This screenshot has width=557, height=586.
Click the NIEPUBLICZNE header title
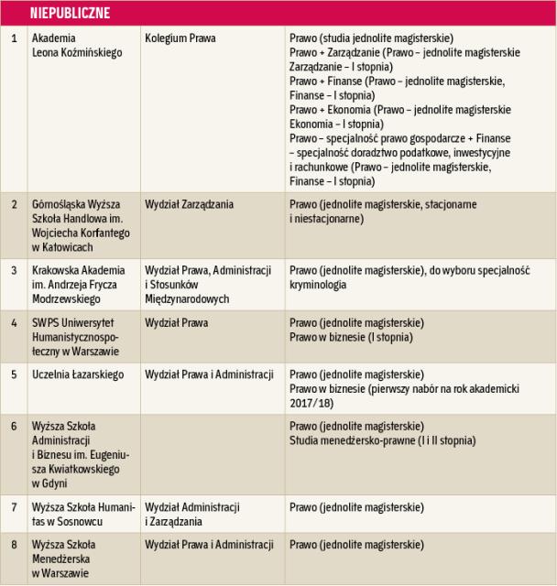click(69, 13)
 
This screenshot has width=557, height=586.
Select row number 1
click(14, 38)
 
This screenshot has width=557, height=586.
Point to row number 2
click(14, 204)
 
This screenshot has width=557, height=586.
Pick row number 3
click(14, 270)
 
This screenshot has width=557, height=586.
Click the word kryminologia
click(318, 285)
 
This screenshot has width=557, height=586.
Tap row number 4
click(14, 323)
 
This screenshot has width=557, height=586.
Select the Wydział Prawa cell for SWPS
click(176, 323)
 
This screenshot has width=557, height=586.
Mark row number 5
click(14, 374)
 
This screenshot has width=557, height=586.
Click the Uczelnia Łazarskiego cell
click(79, 374)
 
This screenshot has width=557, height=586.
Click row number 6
click(14, 427)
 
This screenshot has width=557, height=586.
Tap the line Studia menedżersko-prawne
click(382, 440)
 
